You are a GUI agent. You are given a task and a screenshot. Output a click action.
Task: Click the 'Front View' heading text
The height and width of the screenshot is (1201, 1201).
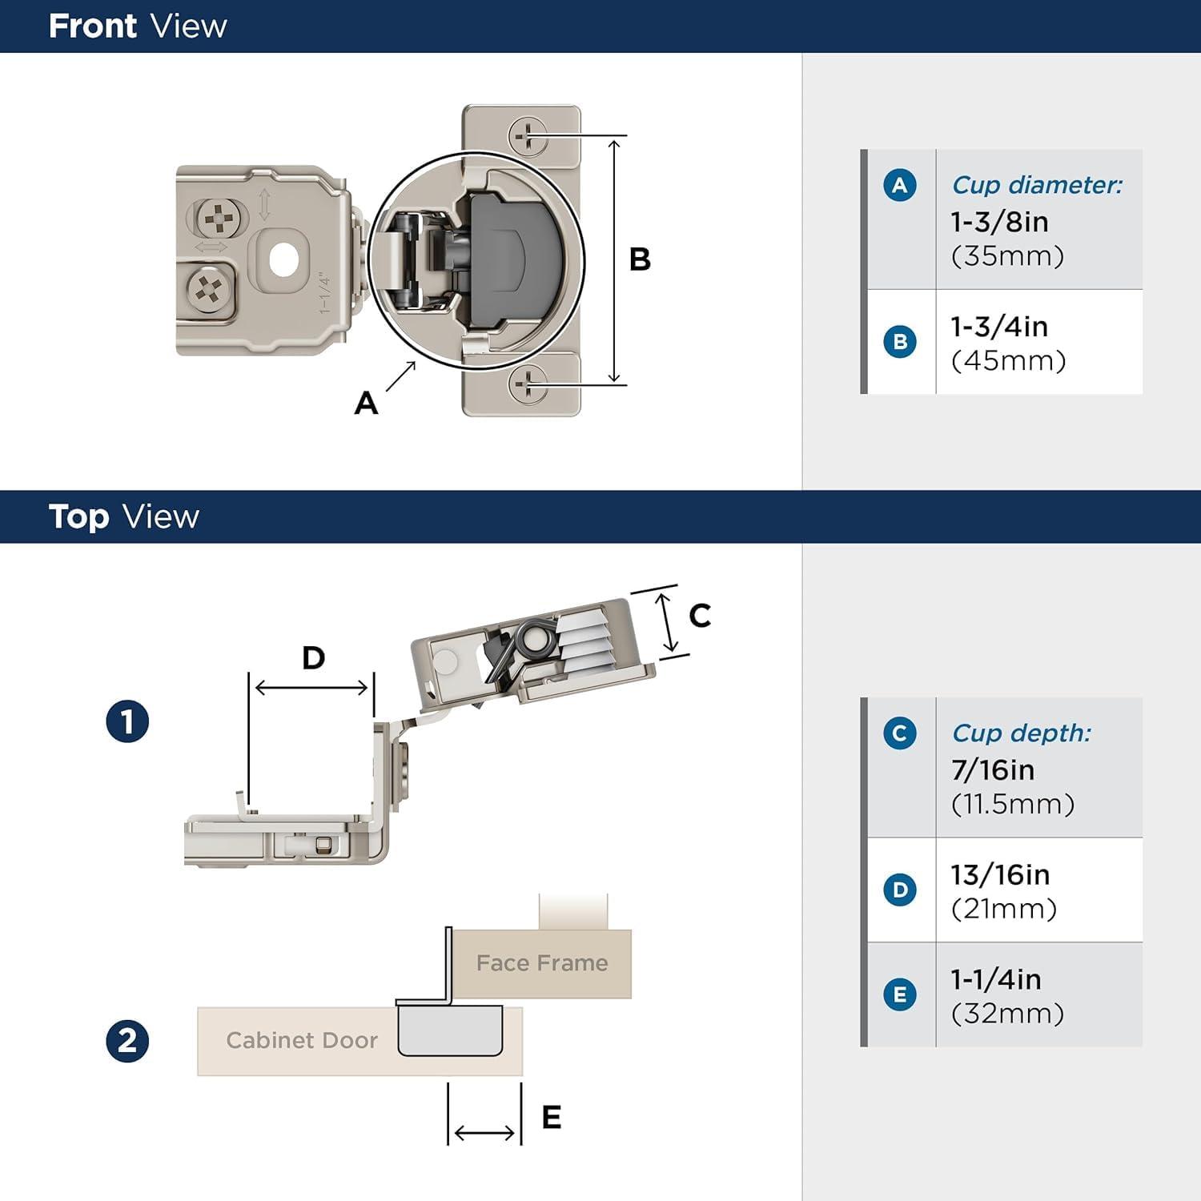(138, 26)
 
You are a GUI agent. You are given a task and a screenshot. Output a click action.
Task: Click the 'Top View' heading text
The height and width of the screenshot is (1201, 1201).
(123, 516)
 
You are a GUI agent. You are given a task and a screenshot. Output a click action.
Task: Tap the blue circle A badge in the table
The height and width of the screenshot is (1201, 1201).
(900, 186)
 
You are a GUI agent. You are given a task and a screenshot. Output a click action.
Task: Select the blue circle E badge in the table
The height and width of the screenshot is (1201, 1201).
(900, 995)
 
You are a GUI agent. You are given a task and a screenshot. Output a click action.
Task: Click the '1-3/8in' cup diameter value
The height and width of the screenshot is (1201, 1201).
(999, 222)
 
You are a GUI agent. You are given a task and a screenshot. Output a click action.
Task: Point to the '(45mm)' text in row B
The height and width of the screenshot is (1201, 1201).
(1008, 361)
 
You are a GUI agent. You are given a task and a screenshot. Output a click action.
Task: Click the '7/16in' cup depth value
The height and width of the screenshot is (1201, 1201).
(993, 770)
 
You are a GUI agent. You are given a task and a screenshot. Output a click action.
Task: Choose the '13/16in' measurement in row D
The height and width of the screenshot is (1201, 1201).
(1000, 875)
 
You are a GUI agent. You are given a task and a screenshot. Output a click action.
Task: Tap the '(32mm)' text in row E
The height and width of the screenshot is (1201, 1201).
(1007, 1014)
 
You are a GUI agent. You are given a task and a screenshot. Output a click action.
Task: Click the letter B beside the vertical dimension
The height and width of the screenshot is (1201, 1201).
(640, 259)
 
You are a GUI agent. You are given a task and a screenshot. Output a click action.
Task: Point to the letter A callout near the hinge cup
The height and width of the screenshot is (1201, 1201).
(366, 403)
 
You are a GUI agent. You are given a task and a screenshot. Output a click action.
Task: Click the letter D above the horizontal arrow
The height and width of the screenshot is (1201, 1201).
(313, 658)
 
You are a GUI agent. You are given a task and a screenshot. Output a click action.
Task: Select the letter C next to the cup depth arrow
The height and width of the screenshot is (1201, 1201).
(700, 616)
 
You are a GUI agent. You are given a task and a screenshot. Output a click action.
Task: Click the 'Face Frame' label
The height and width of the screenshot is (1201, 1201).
(542, 963)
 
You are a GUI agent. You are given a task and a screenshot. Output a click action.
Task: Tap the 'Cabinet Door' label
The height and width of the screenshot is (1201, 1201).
(302, 1040)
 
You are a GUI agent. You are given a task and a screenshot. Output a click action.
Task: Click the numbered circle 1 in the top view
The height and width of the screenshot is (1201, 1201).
(127, 721)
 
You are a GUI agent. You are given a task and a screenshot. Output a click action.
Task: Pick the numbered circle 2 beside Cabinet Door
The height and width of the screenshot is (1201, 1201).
(127, 1041)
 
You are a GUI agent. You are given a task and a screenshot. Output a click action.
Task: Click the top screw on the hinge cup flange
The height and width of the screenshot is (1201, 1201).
(528, 136)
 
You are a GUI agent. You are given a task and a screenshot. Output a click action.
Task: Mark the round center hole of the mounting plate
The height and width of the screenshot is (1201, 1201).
(283, 259)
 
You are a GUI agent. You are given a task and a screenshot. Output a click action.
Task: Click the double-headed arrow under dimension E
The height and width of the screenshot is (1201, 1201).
(484, 1133)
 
